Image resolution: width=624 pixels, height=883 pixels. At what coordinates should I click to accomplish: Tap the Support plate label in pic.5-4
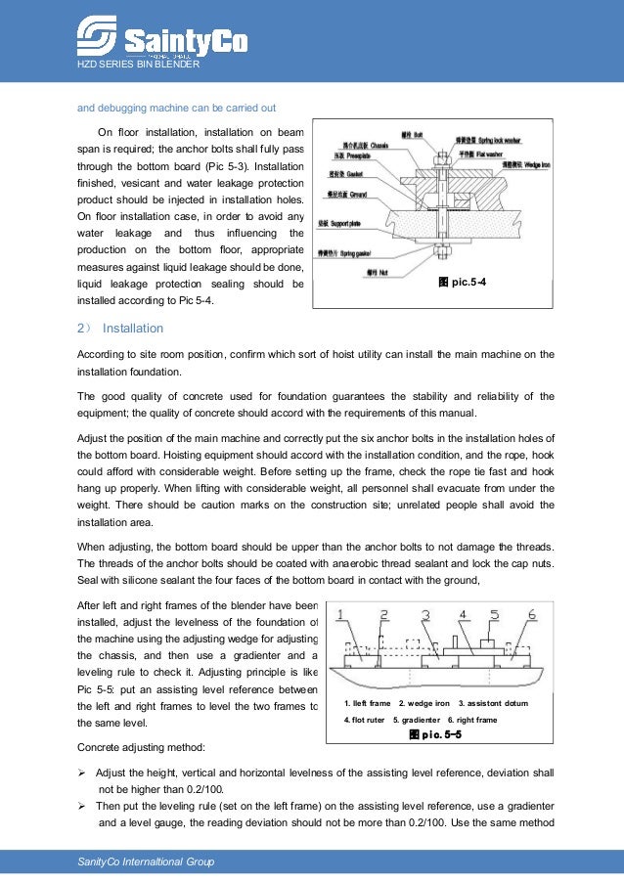(341, 224)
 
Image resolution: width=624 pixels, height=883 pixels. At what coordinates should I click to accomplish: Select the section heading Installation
(133, 328)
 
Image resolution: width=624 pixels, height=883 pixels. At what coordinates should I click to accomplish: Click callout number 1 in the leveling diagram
(339, 616)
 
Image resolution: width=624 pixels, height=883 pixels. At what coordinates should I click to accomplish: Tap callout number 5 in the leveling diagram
(495, 615)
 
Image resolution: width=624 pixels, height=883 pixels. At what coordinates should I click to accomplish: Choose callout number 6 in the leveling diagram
(531, 615)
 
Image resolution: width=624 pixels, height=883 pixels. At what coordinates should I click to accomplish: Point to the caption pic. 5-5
(435, 733)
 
